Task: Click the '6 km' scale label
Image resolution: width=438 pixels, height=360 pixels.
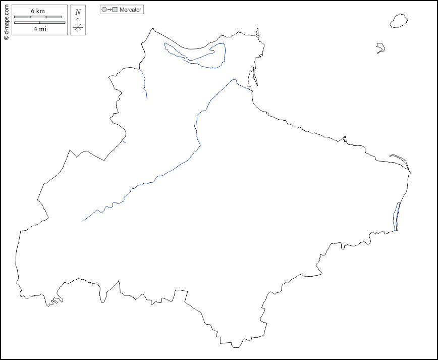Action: [x=38, y=11]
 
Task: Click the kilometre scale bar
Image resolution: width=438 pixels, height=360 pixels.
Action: [x=38, y=17]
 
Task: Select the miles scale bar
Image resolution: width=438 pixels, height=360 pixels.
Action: [x=39, y=23]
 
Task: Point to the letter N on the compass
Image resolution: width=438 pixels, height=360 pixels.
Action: [x=78, y=12]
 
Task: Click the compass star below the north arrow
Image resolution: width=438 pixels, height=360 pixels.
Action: [x=78, y=27]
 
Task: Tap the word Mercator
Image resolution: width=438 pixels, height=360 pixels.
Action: [x=130, y=10]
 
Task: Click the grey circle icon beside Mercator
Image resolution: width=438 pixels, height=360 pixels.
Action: [x=104, y=10]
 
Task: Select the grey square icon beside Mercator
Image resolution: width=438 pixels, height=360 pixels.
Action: [x=115, y=10]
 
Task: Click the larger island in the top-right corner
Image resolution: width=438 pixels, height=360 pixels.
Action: [x=399, y=21]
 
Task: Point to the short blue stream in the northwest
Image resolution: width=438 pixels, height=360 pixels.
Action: [x=144, y=83]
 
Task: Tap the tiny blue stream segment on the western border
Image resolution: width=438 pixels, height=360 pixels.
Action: [x=124, y=141]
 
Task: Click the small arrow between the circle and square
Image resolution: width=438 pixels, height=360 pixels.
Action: [x=109, y=10]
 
